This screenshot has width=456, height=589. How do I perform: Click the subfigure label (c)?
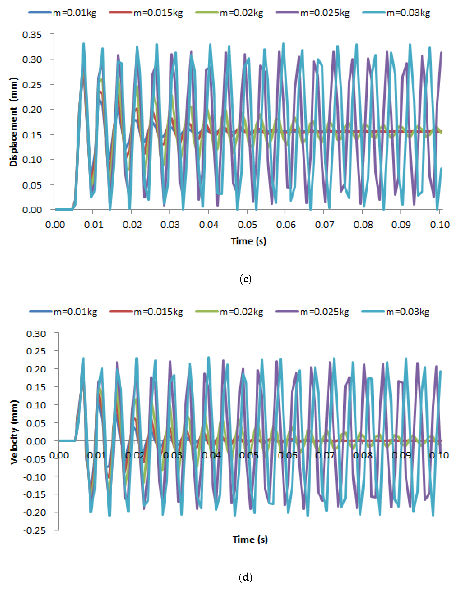pyautogui.click(x=245, y=279)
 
